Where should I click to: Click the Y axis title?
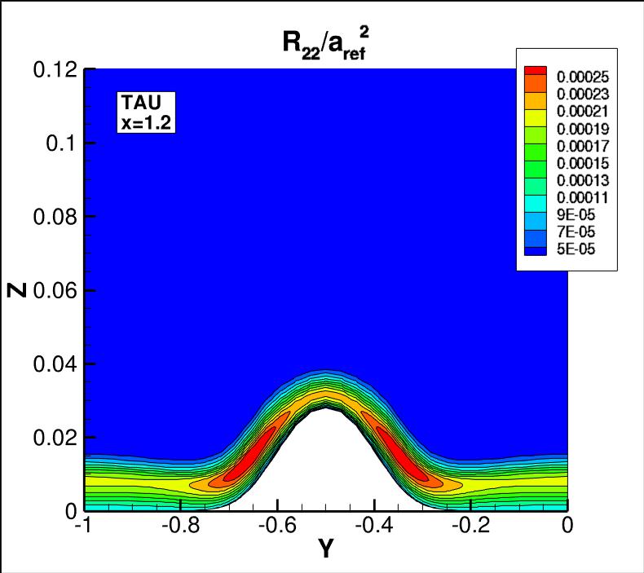coord(325,550)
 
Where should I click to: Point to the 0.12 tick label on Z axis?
coord(55,70)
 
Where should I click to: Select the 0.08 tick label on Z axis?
coord(55,217)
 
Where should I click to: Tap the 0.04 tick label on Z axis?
coord(55,364)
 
